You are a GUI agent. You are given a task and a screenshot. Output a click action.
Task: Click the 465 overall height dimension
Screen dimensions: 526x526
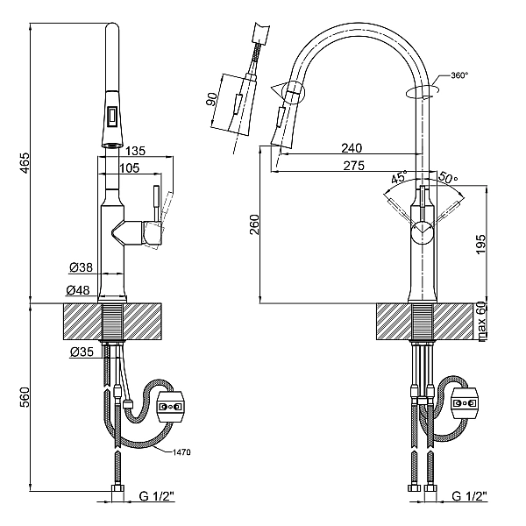point(25,163)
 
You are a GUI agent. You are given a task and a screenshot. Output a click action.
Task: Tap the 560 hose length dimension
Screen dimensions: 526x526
point(25,397)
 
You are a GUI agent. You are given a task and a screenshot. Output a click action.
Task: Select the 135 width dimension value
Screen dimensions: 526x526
point(136,151)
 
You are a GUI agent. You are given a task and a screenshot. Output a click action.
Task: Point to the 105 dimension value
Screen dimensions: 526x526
point(130,168)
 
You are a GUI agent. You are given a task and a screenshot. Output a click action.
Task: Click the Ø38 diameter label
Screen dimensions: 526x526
point(81,267)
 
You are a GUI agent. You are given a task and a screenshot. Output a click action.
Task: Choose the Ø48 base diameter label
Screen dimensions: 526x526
point(78,290)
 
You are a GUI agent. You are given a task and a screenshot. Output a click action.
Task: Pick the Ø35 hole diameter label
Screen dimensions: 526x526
point(82,352)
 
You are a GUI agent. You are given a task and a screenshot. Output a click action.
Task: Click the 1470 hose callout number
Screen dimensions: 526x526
point(181,452)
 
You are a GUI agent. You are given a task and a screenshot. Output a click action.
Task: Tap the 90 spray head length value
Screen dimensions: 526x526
point(211,99)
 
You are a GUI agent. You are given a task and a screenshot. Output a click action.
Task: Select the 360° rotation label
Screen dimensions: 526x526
point(459,75)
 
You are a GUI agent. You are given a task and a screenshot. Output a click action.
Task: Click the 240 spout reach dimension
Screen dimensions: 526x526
point(352,148)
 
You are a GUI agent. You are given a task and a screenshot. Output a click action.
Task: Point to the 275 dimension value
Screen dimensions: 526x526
point(353,166)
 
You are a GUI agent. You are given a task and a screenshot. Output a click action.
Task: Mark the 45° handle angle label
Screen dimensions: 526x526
point(400,176)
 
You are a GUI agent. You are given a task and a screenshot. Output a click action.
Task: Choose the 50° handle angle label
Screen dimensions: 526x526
point(447,177)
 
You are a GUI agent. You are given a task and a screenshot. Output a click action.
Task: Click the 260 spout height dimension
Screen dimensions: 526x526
point(254,224)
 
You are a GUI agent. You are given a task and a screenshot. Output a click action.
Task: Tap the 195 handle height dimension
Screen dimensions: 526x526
point(480,245)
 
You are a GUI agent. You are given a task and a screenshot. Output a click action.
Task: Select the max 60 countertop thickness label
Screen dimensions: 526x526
point(481,322)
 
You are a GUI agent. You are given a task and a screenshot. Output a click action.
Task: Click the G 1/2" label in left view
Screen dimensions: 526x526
point(157,496)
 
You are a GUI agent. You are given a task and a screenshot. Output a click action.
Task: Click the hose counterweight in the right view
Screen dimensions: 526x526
point(465,403)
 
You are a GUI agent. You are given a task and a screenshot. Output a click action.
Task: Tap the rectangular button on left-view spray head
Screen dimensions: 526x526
point(111,114)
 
